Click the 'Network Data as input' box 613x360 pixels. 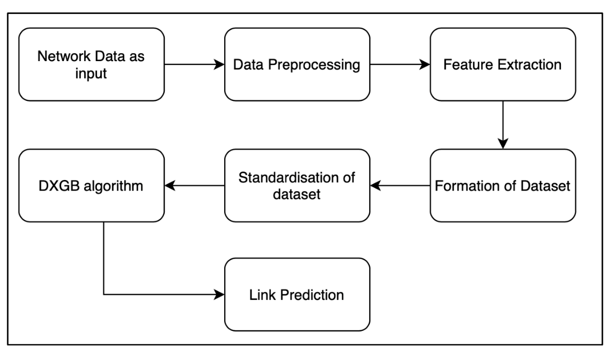[x=91, y=64]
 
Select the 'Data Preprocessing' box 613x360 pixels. [x=297, y=64]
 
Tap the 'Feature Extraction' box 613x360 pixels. [x=503, y=64]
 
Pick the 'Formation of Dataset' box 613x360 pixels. [x=503, y=185]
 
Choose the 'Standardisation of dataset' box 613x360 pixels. [x=297, y=185]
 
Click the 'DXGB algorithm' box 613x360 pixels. [x=91, y=185]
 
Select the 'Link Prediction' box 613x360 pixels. [x=297, y=294]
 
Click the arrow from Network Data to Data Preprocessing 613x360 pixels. [x=194, y=64]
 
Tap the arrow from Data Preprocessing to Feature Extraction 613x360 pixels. [x=400, y=64]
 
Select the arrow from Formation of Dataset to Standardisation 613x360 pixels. [x=400, y=185]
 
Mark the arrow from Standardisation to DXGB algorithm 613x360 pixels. [x=194, y=185]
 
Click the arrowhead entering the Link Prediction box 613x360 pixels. [x=220, y=294]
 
